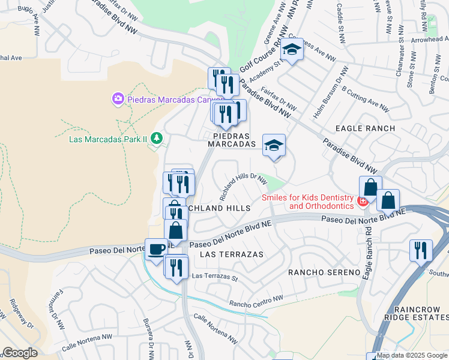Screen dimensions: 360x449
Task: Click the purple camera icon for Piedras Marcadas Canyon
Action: [118, 98]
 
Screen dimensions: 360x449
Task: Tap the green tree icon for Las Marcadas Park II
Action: [157, 139]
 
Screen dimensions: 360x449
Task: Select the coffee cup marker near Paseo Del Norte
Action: [157, 249]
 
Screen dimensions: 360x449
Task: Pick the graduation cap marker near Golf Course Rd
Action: [292, 50]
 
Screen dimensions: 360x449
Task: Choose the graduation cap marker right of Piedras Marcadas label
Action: [274, 146]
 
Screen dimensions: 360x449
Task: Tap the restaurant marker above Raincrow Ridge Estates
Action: [421, 250]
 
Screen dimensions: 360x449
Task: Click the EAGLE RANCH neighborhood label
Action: [365, 128]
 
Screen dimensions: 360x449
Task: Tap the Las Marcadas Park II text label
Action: [108, 139]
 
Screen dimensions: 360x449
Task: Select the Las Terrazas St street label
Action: [215, 277]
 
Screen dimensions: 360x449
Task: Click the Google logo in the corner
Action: [19, 353]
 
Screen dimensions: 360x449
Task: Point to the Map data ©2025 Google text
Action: [412, 355]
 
